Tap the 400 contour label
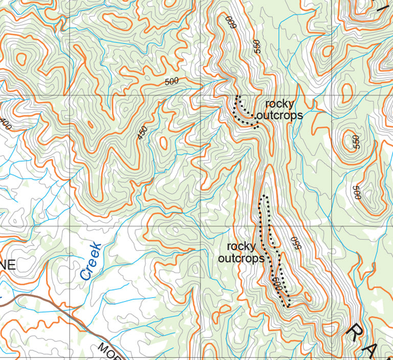5,123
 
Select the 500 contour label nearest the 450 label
172,81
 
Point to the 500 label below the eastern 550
357,192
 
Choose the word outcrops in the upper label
279,116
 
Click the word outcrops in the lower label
241,258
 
